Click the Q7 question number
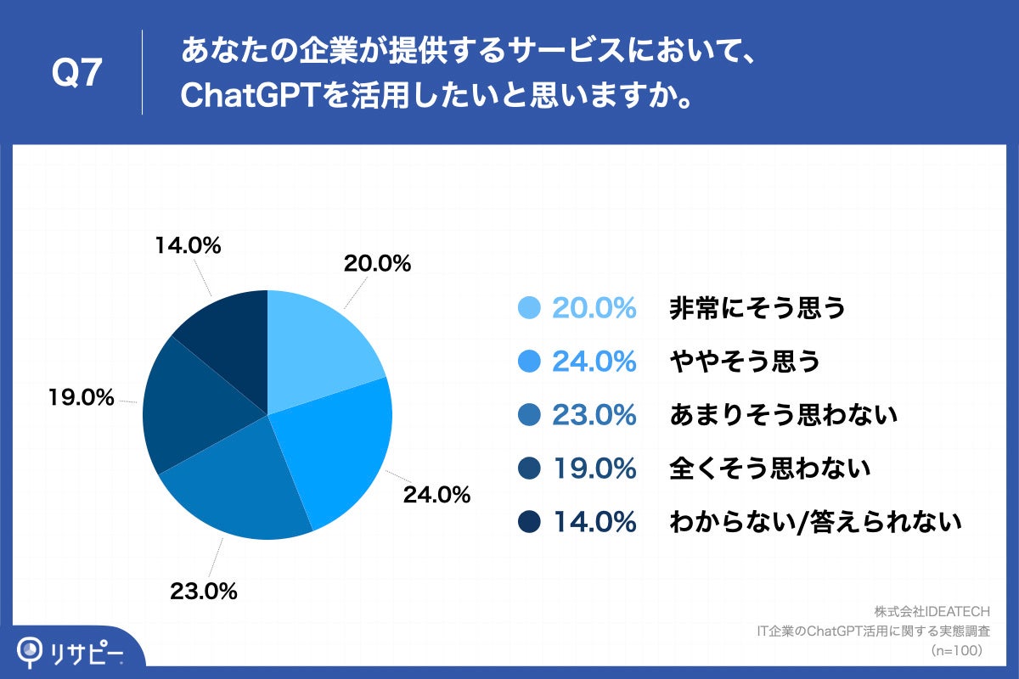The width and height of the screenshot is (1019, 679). pyautogui.click(x=77, y=75)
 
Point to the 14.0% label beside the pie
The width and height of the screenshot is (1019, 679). pyautogui.click(x=188, y=246)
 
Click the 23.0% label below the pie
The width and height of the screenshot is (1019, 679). pyautogui.click(x=204, y=590)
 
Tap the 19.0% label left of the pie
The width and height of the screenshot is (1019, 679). pyautogui.click(x=81, y=396)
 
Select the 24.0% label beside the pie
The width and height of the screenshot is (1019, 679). pyautogui.click(x=436, y=495)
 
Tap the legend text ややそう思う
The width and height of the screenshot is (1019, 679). pyautogui.click(x=744, y=362)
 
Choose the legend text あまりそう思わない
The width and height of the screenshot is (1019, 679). pyautogui.click(x=783, y=415)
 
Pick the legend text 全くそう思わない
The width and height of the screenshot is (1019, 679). pyautogui.click(x=769, y=469)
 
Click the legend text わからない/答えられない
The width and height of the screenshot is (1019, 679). pyautogui.click(x=814, y=522)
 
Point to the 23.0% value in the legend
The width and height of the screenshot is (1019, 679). pyautogui.click(x=594, y=415)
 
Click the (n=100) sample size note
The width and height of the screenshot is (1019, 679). pyautogui.click(x=955, y=650)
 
